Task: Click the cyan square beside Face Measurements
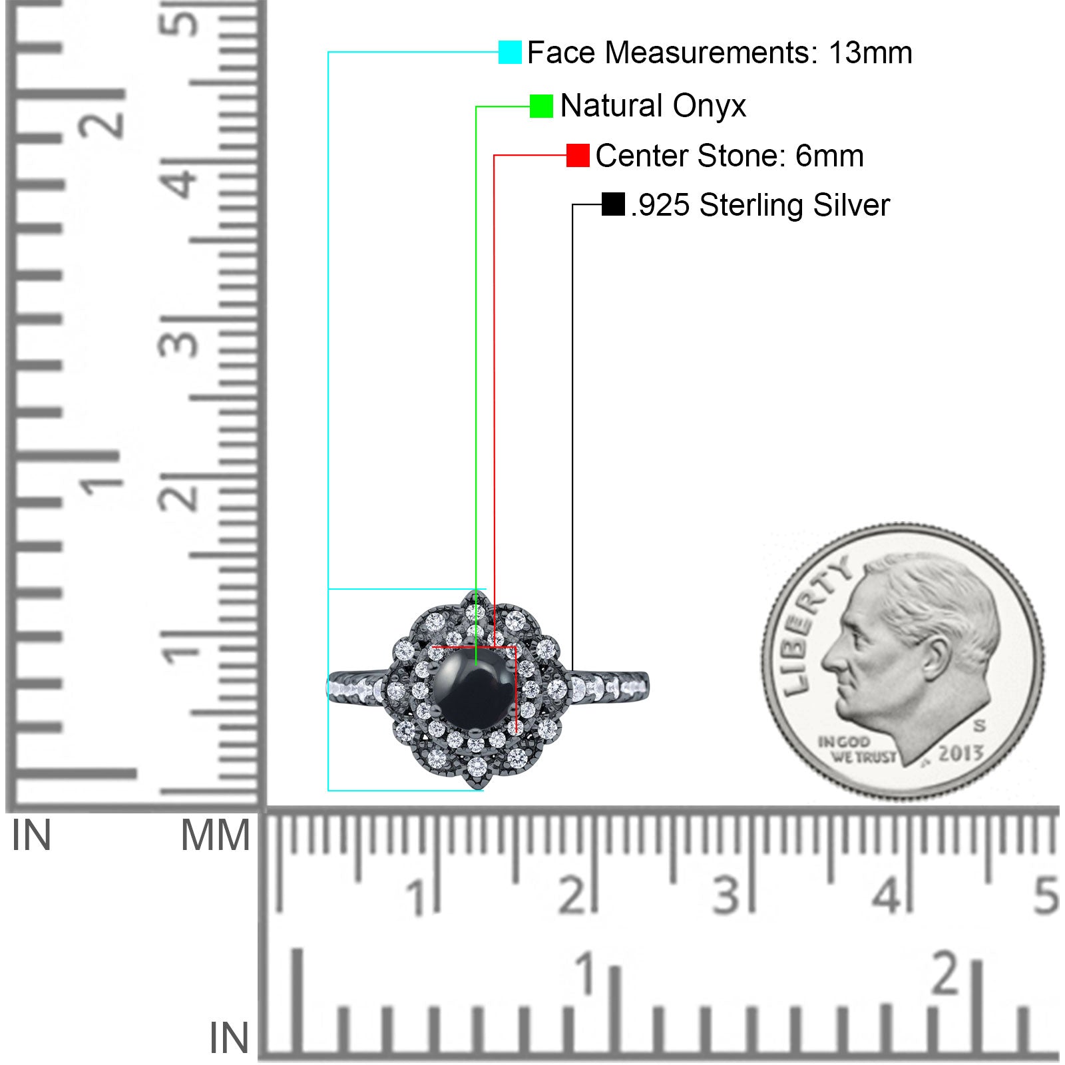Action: (x=510, y=53)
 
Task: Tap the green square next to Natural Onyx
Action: (x=541, y=106)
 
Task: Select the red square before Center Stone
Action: (x=578, y=156)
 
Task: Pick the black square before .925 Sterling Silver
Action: (x=613, y=204)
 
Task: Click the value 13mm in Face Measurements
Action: (x=870, y=53)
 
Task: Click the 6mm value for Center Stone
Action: (x=829, y=156)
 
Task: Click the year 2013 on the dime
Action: (x=960, y=753)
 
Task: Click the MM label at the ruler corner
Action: (x=215, y=836)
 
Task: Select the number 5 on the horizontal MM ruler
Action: (x=1045, y=895)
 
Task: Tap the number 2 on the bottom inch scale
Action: (x=947, y=973)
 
